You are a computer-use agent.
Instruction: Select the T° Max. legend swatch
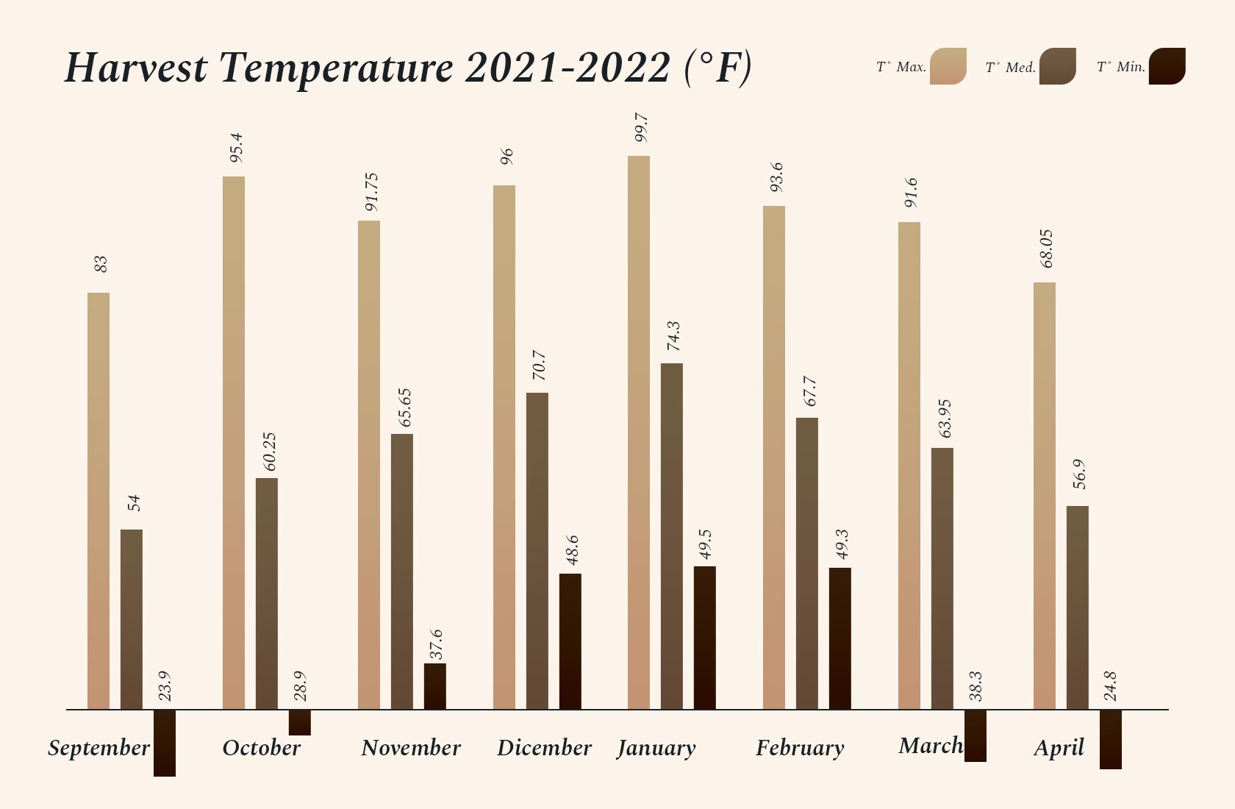[948, 66]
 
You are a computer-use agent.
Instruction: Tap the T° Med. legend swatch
[1057, 66]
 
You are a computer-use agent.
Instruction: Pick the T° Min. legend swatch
[1167, 66]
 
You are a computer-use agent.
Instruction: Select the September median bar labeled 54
[132, 619]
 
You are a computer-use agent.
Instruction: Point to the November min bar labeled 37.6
[434, 686]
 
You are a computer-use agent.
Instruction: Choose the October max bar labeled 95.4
[234, 443]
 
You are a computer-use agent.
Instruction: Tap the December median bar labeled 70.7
[537, 551]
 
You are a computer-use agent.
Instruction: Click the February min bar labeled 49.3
[840, 638]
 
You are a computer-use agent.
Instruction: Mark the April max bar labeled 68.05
[1045, 496]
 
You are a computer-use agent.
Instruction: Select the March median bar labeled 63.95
[942, 578]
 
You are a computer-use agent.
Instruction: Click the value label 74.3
[673, 336]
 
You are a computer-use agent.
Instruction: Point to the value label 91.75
[371, 192]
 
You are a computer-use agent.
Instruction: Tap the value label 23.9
[165, 685]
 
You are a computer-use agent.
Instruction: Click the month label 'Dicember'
[544, 748]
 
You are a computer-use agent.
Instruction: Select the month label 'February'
[800, 748]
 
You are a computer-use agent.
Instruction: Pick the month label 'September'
[99, 748]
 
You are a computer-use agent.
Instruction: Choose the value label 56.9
[1078, 474]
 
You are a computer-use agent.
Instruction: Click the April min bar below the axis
[1111, 739]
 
